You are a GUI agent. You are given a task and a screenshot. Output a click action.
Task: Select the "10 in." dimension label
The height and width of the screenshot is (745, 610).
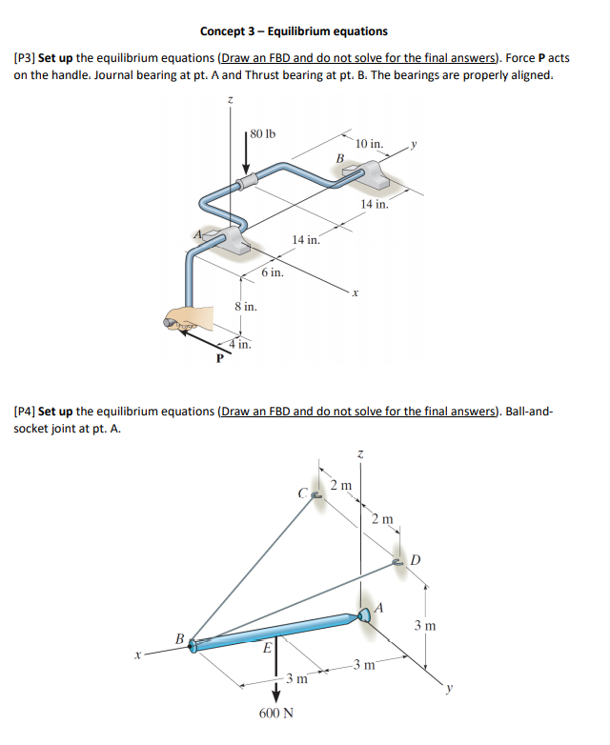tap(369, 144)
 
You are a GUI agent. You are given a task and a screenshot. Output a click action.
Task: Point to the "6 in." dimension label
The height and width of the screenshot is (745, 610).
tap(273, 272)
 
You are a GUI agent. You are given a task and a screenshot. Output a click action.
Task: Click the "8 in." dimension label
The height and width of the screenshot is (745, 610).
tap(246, 307)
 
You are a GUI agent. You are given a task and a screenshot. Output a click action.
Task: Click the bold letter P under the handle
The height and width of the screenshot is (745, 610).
tap(218, 359)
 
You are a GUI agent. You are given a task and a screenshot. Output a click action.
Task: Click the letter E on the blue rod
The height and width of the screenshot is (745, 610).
tap(268, 648)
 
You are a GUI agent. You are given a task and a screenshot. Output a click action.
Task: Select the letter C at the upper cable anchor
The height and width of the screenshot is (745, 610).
tap(301, 493)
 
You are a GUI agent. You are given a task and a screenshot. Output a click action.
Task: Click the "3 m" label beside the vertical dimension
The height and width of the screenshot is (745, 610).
tap(426, 625)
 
